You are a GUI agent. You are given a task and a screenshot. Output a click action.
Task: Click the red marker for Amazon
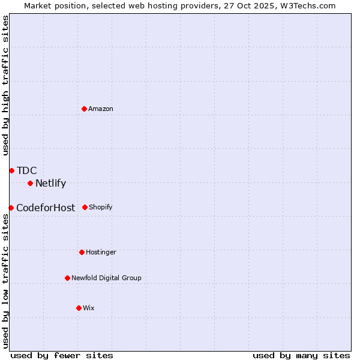click(x=84, y=109)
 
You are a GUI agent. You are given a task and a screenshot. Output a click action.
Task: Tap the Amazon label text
click(x=101, y=109)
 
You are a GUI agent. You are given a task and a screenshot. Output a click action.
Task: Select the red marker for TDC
click(x=11, y=170)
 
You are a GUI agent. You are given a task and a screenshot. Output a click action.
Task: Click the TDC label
click(x=27, y=170)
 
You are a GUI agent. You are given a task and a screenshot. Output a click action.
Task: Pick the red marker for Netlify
click(x=30, y=183)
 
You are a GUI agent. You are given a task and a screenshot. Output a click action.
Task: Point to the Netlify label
click(x=50, y=184)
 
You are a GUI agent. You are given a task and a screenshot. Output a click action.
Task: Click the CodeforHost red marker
click(x=11, y=208)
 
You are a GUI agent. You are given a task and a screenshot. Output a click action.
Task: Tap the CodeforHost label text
click(x=46, y=208)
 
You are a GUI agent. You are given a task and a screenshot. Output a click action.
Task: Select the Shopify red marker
click(x=85, y=207)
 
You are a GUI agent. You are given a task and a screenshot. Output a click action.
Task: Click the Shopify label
click(x=101, y=207)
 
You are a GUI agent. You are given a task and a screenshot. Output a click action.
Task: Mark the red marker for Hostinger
click(x=82, y=252)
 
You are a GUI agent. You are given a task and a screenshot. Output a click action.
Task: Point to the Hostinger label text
click(x=101, y=252)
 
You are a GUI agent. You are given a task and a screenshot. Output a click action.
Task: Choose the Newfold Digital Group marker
click(x=67, y=278)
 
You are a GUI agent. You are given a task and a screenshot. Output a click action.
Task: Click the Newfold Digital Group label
click(x=106, y=278)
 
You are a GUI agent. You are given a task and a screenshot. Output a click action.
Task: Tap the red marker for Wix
click(x=79, y=308)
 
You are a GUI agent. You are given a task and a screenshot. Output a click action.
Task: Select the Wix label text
click(x=89, y=308)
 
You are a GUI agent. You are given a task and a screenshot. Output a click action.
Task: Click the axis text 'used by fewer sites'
click(x=62, y=356)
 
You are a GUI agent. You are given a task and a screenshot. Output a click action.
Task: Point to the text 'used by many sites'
click(x=301, y=356)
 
